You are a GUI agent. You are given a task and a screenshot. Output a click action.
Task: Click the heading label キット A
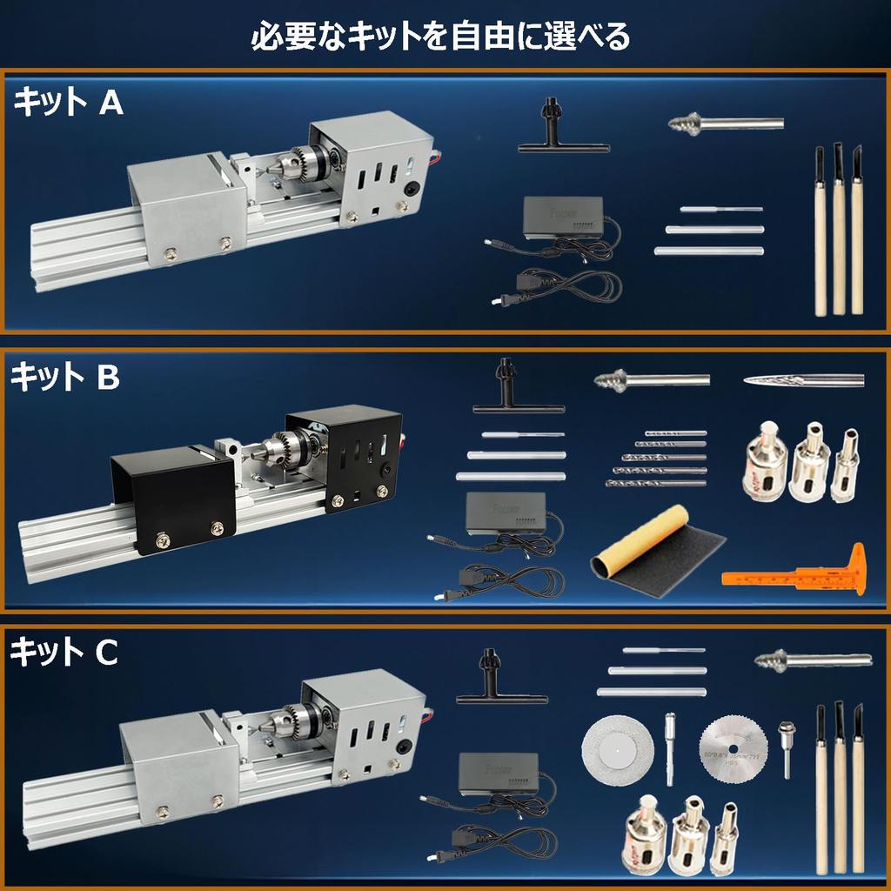68,104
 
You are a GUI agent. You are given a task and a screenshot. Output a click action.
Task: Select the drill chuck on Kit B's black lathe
288,450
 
